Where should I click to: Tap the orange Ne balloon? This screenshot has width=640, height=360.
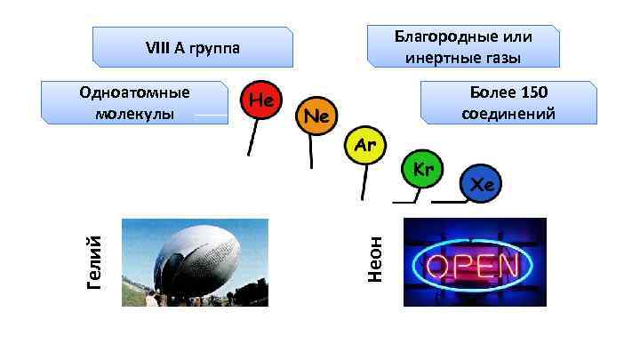316,116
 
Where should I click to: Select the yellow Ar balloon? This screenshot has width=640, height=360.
364,147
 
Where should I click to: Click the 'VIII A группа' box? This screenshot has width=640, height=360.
193,47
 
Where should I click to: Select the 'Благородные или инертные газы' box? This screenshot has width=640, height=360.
463,47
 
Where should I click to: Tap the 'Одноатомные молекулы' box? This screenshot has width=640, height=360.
134,103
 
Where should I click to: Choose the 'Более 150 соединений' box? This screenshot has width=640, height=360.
508,103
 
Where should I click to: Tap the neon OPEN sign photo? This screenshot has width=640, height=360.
475,262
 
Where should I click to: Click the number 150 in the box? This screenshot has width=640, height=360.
532,93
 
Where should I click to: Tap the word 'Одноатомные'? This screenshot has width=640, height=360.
134,93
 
